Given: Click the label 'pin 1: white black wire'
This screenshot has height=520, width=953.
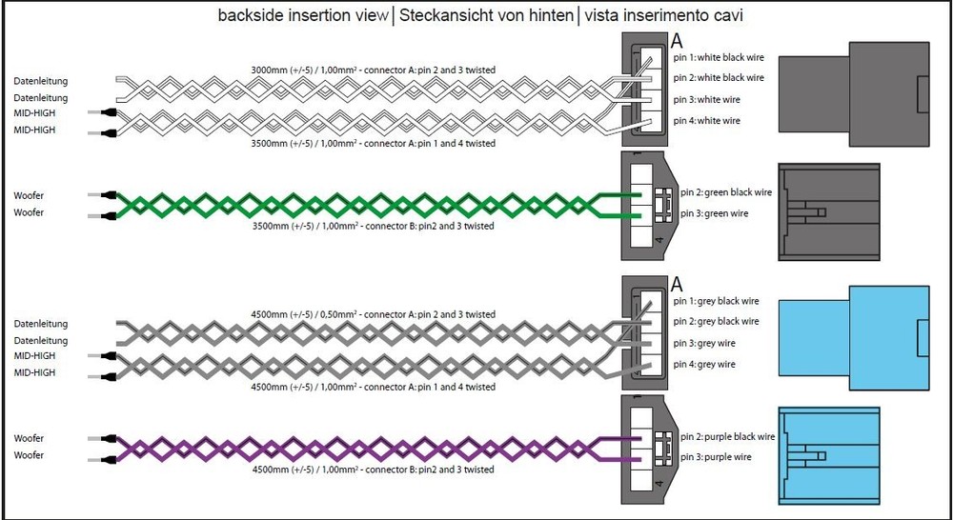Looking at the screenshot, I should point(718,58).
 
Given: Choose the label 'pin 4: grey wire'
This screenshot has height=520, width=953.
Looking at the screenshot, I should point(704,364).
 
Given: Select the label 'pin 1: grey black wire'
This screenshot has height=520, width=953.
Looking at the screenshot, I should point(717,301).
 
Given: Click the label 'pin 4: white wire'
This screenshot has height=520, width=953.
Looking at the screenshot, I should point(706,121).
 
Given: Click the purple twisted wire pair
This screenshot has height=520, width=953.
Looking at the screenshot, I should point(362,448).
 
